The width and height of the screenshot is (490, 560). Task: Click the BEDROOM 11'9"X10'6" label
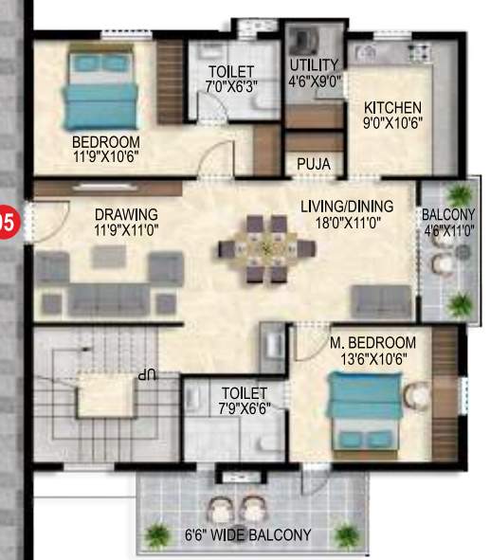(x=105, y=150)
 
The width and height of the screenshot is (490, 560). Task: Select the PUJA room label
(x=313, y=164)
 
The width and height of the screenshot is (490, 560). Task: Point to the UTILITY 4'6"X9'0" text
(x=314, y=72)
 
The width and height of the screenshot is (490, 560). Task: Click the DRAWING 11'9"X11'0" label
(x=125, y=222)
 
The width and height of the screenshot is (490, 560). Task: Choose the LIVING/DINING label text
(x=346, y=213)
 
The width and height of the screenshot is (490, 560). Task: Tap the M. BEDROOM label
(x=372, y=350)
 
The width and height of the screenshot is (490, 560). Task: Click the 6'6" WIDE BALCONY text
(x=247, y=535)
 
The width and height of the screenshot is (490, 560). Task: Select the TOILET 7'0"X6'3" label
(x=232, y=79)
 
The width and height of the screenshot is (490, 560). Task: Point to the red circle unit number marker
(x=7, y=224)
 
